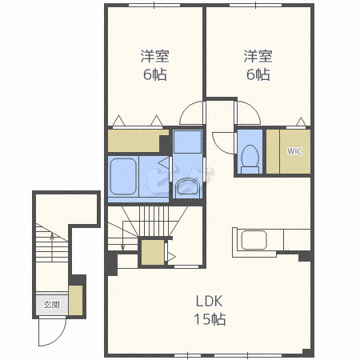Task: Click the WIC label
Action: point(294,151)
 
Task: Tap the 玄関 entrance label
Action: point(51,305)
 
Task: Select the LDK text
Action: point(210,301)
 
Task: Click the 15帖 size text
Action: point(210,319)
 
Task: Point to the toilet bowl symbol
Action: point(250,159)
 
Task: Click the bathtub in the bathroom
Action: point(123,177)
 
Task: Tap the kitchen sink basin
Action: point(254,240)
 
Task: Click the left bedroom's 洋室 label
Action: point(154,56)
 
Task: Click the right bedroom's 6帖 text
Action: point(258,74)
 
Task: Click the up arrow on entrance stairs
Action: point(52,247)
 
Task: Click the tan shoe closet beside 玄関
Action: point(75,301)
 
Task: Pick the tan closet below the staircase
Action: point(153,253)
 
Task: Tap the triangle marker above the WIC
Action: point(301,122)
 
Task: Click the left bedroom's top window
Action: point(154,5)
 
